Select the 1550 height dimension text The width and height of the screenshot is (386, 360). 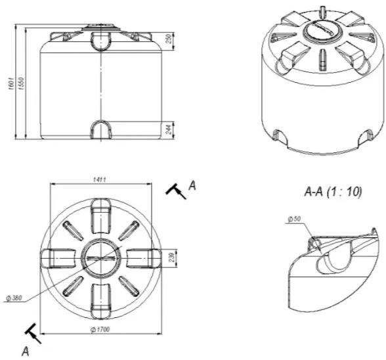[22, 83]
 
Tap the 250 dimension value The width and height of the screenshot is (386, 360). [168, 39]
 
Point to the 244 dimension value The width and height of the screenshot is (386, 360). [169, 129]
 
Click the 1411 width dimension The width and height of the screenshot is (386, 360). [99, 179]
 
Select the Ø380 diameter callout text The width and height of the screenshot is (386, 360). [14, 298]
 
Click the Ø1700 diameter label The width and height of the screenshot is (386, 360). [100, 329]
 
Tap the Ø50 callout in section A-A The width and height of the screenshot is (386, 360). [294, 219]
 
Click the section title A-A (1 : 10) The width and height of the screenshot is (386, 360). [333, 191]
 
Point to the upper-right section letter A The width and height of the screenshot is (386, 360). [192, 185]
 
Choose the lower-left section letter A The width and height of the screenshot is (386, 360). [25, 351]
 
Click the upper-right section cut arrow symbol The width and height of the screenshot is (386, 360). [175, 191]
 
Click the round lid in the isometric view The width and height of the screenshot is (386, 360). [322, 32]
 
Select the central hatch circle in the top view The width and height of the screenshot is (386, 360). [100, 258]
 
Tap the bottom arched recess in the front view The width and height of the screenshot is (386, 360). [101, 129]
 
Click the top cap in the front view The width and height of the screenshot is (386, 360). [101, 28]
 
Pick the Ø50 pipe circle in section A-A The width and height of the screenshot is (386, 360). [316, 243]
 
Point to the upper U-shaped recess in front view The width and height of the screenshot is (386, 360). [101, 41]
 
